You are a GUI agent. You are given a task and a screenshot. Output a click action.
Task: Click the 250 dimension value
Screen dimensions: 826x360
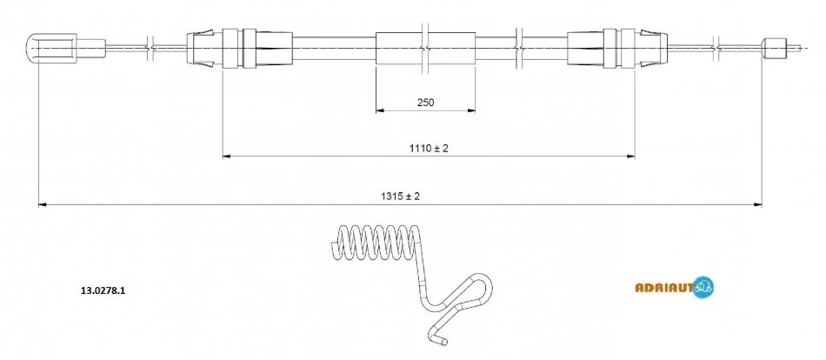[426, 103]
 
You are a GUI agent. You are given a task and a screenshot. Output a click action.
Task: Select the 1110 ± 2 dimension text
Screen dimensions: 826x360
[429, 149]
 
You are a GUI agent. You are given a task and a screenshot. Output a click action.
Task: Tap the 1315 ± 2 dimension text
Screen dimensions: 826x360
[400, 197]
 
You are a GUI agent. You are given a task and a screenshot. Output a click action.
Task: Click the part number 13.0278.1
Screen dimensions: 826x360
[103, 289]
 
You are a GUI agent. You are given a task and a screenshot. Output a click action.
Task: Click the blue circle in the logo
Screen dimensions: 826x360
[703, 287]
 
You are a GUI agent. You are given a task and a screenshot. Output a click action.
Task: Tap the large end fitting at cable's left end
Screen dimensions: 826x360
[51, 48]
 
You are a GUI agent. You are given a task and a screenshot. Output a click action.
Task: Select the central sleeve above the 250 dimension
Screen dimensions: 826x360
[426, 48]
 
